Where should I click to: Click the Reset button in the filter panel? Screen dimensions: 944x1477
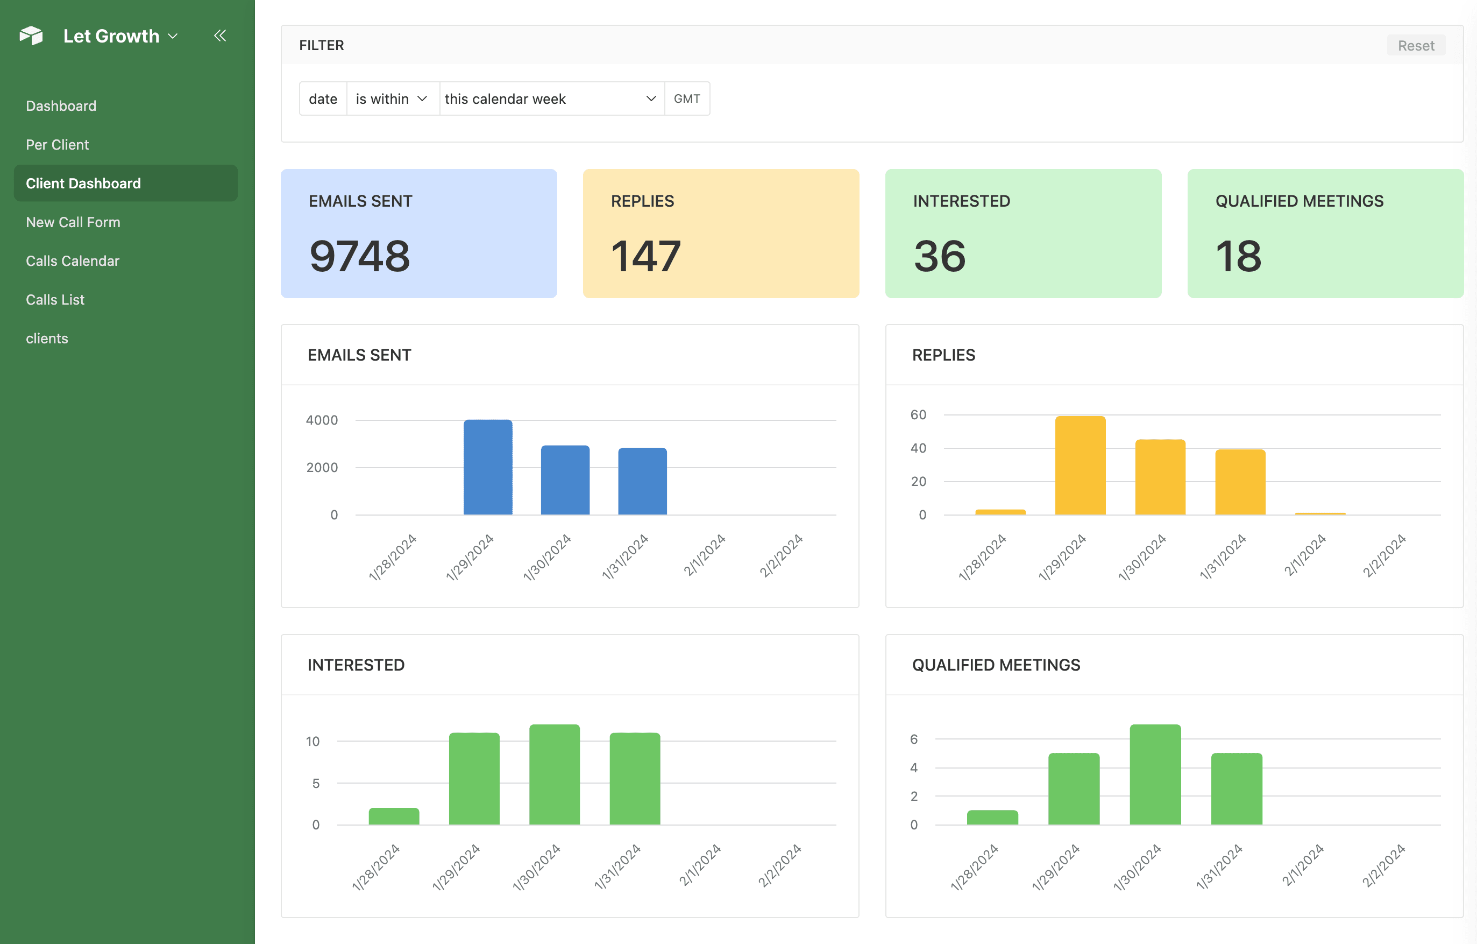pos(1415,45)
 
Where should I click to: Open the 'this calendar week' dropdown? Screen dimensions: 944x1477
pos(551,99)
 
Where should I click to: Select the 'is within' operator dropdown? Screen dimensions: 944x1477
pos(392,99)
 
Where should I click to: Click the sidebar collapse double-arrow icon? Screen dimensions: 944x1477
pos(220,36)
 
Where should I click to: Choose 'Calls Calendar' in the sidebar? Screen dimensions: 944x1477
pos(73,261)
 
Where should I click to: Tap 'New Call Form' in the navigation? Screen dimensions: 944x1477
pos(73,222)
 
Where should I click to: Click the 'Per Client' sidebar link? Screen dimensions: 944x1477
pos(57,145)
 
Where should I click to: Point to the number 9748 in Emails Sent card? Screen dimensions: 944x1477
pos(359,256)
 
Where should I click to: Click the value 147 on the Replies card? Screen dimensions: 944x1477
pos(645,256)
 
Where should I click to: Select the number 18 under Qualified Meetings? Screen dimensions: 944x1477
pos(1238,256)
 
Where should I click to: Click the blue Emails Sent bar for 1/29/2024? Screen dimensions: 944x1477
pos(488,467)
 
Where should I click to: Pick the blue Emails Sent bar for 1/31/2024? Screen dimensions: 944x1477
pos(642,481)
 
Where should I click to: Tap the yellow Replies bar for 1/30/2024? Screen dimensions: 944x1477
pos(1160,477)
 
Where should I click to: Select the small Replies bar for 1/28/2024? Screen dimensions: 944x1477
pos(1000,512)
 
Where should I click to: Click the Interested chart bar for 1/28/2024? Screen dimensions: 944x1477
pos(394,816)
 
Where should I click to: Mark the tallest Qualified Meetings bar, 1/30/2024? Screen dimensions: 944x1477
pos(1155,774)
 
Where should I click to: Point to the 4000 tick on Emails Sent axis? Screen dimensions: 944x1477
pos(322,420)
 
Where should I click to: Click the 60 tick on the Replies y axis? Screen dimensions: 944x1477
pos(918,415)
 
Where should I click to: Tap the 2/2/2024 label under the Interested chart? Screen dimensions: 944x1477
pos(779,865)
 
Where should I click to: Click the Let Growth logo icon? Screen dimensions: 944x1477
pos(31,36)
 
